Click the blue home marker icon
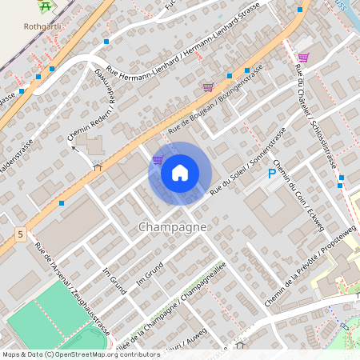coord(180,173)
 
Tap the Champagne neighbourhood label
coord(173,227)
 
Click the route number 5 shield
coord(19,234)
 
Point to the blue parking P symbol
coord(272,173)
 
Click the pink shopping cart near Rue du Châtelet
coord(303,58)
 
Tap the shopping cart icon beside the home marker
coord(158,160)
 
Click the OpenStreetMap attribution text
coord(81,354)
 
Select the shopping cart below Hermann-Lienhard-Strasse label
coord(208,87)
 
